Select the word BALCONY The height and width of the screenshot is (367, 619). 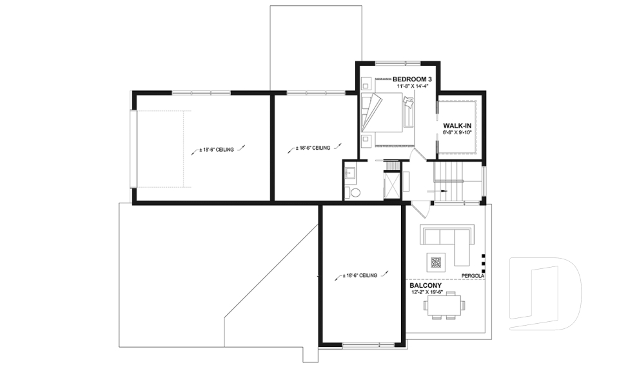pyautogui.click(x=425, y=285)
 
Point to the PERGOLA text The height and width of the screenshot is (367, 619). pyautogui.click(x=473, y=276)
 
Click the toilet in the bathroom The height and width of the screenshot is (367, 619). pyautogui.click(x=355, y=192)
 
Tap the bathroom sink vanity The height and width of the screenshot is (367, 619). pyautogui.click(x=351, y=173)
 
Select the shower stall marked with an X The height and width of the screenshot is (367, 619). pyautogui.click(x=391, y=184)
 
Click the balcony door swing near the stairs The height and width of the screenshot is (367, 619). pyautogui.click(x=419, y=209)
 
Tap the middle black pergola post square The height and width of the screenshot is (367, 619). pyautogui.click(x=482, y=263)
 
